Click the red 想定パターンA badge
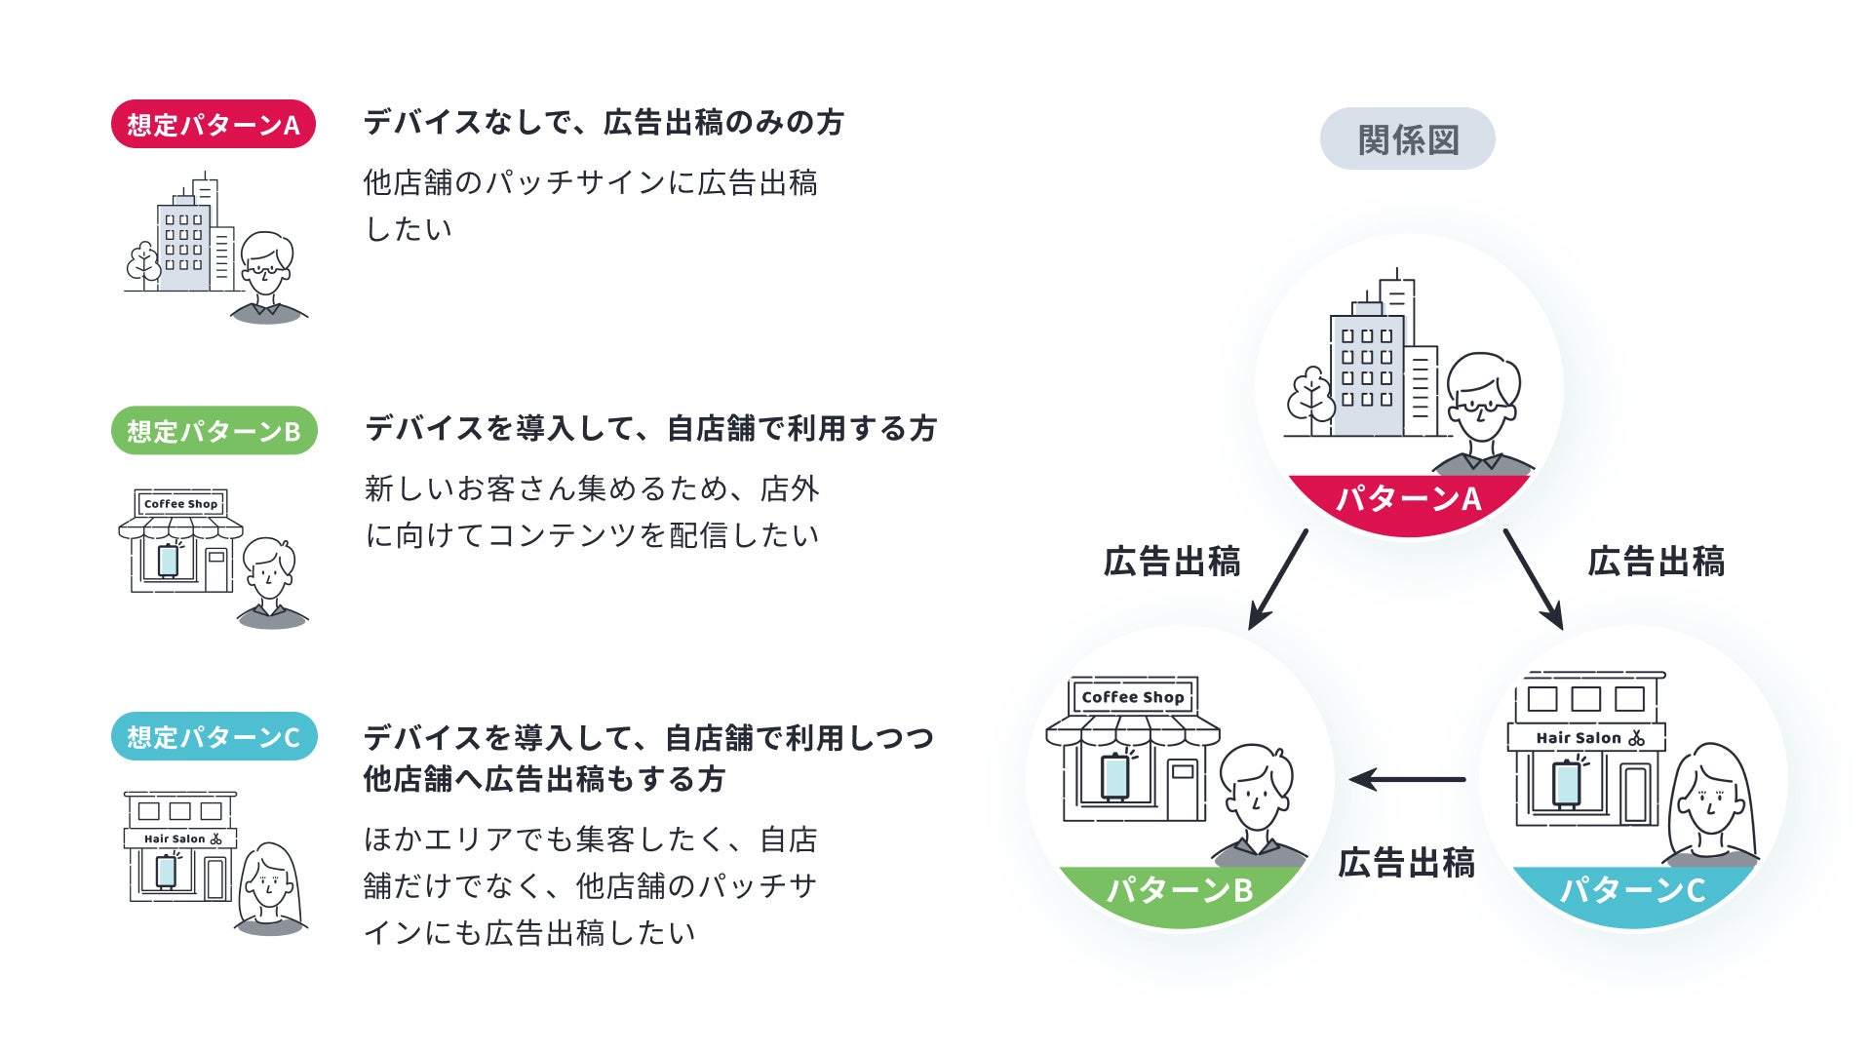tap(214, 125)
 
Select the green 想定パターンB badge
tap(214, 431)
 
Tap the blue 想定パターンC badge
tap(214, 737)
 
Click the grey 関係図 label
tap(1407, 139)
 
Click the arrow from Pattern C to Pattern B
tap(1407, 779)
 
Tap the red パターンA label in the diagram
tap(1408, 499)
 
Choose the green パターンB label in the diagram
tap(1179, 889)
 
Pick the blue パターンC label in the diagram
tap(1632, 889)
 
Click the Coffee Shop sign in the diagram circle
tap(1132, 697)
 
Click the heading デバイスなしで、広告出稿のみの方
tap(604, 123)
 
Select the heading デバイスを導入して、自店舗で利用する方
tap(650, 429)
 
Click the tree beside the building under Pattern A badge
tap(144, 263)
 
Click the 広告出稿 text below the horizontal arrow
tap(1405, 863)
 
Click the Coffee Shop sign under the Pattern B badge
tap(180, 504)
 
